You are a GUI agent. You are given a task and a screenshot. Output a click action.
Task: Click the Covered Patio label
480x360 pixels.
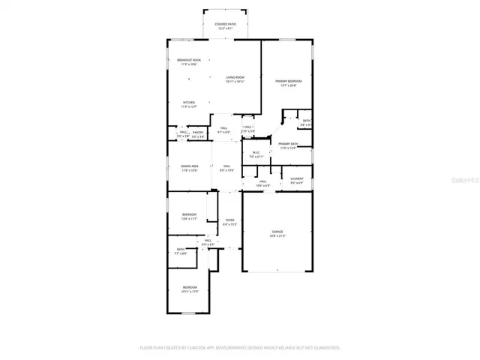tap(226, 25)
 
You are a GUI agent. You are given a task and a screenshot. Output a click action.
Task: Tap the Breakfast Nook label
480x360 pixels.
tap(188, 60)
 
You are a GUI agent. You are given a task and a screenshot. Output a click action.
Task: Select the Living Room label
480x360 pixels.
tap(235, 77)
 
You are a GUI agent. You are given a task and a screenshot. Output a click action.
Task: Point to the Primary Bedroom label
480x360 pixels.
tap(286, 81)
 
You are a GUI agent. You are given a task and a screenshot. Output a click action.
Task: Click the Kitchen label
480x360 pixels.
tap(189, 103)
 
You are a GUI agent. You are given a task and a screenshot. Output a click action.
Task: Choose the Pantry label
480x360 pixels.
tap(198, 133)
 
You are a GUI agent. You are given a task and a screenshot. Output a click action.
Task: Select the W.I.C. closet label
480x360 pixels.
tap(255, 153)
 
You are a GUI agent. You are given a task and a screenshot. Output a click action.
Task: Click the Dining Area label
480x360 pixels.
tap(190, 166)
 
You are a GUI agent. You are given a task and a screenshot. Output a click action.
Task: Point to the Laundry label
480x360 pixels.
tap(297, 178)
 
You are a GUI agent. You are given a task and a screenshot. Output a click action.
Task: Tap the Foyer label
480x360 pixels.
tap(229, 220)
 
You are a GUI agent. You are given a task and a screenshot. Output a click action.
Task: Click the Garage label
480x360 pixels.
tap(277, 232)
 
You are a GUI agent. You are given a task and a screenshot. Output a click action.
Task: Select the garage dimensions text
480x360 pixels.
tap(277, 236)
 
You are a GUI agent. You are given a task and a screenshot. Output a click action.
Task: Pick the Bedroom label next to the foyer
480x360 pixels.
tap(189, 214)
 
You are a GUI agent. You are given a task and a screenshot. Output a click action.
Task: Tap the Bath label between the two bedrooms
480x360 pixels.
tap(181, 249)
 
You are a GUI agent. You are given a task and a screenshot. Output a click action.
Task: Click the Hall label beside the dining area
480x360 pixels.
tap(226, 166)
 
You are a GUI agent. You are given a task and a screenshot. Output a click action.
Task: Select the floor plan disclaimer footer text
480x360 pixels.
tap(240, 348)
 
